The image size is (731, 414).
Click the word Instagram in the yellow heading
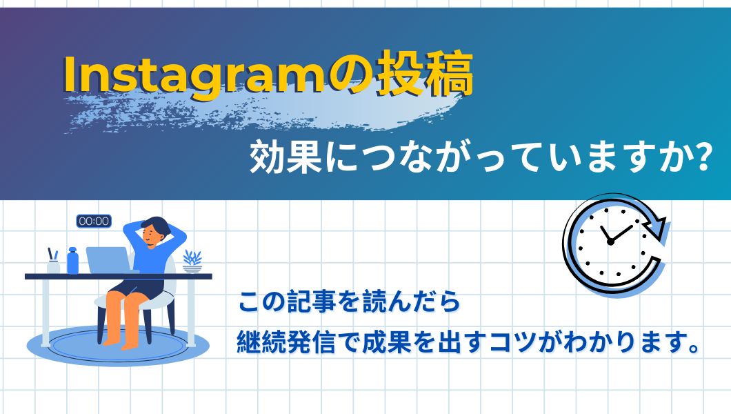194,75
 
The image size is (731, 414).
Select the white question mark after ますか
701,157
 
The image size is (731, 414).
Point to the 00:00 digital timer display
94,221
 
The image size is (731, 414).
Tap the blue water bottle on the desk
72,261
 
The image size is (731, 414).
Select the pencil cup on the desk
53,262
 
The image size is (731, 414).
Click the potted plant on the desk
192,262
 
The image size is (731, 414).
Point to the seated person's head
154,231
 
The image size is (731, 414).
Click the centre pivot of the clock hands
610,242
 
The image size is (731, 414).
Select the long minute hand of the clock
621,234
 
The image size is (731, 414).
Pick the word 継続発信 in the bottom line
286,343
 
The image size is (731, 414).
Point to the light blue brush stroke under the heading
261,109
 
